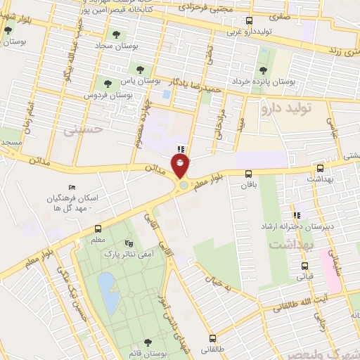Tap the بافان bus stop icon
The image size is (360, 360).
(x=247, y=174)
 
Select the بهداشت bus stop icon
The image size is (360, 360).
(x=321, y=169)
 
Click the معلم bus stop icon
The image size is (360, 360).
(x=98, y=229)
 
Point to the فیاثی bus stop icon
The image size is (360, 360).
(x=304, y=266)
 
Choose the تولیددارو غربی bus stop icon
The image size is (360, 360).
(x=250, y=22)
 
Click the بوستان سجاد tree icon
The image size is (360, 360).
(x=115, y=34)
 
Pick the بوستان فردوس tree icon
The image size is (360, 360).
(x=108, y=84)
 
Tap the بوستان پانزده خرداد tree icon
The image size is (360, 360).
(x=263, y=70)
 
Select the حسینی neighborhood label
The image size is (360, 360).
(x=83, y=129)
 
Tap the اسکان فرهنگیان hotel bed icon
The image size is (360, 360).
(x=72, y=188)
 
